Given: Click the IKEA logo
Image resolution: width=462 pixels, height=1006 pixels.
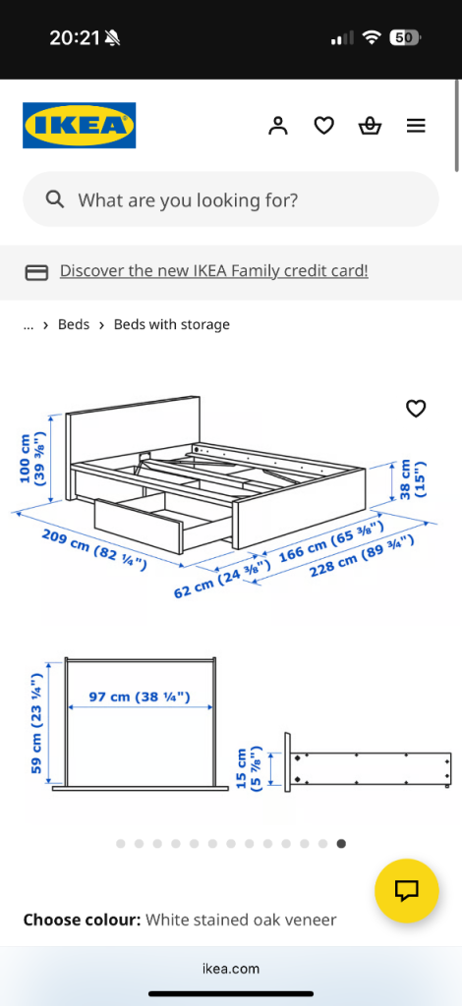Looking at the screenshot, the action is tap(79, 125).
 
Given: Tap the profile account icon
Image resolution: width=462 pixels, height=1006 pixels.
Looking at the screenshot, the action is tap(278, 126).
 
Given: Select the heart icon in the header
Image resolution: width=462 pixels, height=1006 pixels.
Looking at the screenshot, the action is tap(324, 126).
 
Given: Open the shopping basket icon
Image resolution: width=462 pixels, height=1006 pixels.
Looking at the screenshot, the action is tap(370, 126).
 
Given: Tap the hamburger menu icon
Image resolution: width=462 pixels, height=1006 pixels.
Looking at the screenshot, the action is tap(416, 126).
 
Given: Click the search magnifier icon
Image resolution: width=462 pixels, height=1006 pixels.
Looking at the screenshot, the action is tap(55, 199).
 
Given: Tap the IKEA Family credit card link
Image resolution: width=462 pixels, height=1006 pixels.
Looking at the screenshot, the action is tap(213, 271).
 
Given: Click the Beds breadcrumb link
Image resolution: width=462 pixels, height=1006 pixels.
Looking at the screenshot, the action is tap(74, 324).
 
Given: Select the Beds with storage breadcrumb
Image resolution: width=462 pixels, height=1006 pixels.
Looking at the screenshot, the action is tap(171, 324).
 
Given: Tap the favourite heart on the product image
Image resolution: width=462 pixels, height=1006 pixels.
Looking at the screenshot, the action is tap(417, 408).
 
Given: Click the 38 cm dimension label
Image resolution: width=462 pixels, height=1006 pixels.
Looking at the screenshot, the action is tap(413, 478).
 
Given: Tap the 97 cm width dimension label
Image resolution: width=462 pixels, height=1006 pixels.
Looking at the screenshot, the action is tap(140, 697).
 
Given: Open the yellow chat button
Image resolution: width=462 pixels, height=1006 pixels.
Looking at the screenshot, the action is tap(407, 890).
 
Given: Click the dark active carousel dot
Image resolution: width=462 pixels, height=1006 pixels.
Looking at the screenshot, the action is tap(341, 844).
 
